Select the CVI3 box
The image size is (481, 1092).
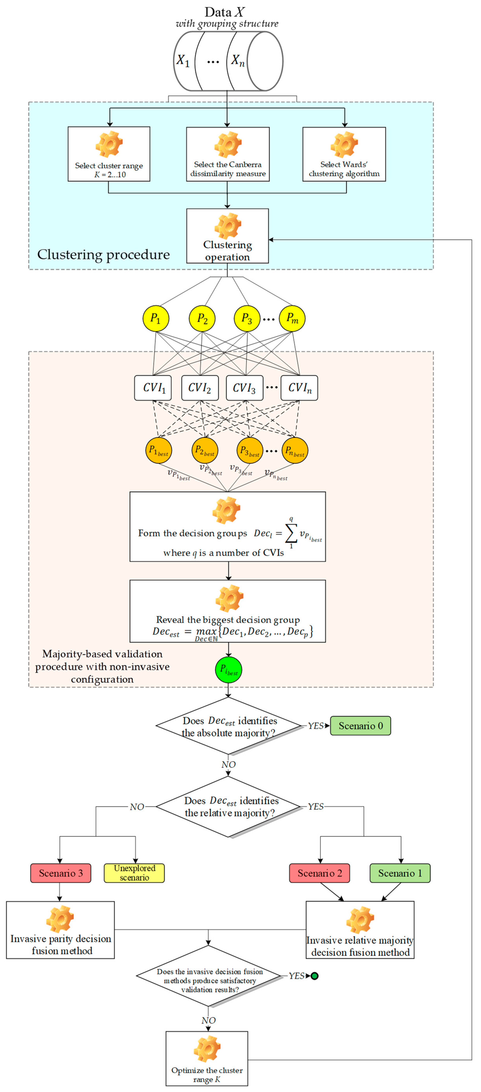tap(244, 387)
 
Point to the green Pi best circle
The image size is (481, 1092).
tap(229, 670)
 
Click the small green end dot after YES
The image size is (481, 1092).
tap(315, 976)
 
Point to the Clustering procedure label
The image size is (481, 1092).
tap(103, 254)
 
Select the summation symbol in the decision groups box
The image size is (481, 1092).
tap(291, 534)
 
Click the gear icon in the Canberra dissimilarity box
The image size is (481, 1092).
tap(228, 145)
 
